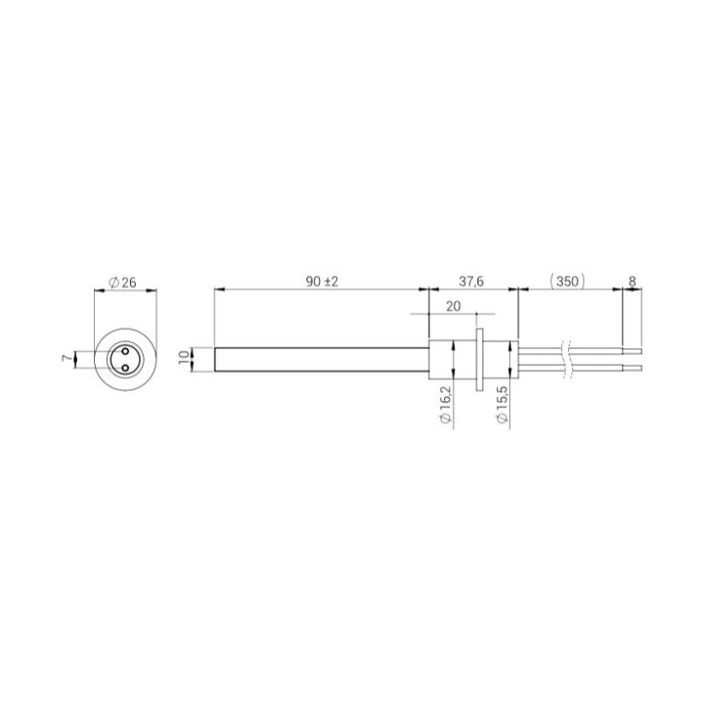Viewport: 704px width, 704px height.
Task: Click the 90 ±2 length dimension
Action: tap(322, 282)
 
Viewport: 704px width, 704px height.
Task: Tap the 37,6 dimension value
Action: tap(471, 282)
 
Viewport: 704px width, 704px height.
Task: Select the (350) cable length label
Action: tap(567, 282)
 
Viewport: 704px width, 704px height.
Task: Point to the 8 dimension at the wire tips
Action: tap(633, 282)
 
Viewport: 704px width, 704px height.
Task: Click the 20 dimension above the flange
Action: tap(454, 306)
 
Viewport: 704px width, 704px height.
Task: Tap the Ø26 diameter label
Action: tap(122, 283)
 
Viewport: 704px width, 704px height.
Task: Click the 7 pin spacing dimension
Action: tap(66, 359)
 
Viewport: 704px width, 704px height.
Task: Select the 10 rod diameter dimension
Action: tap(184, 359)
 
